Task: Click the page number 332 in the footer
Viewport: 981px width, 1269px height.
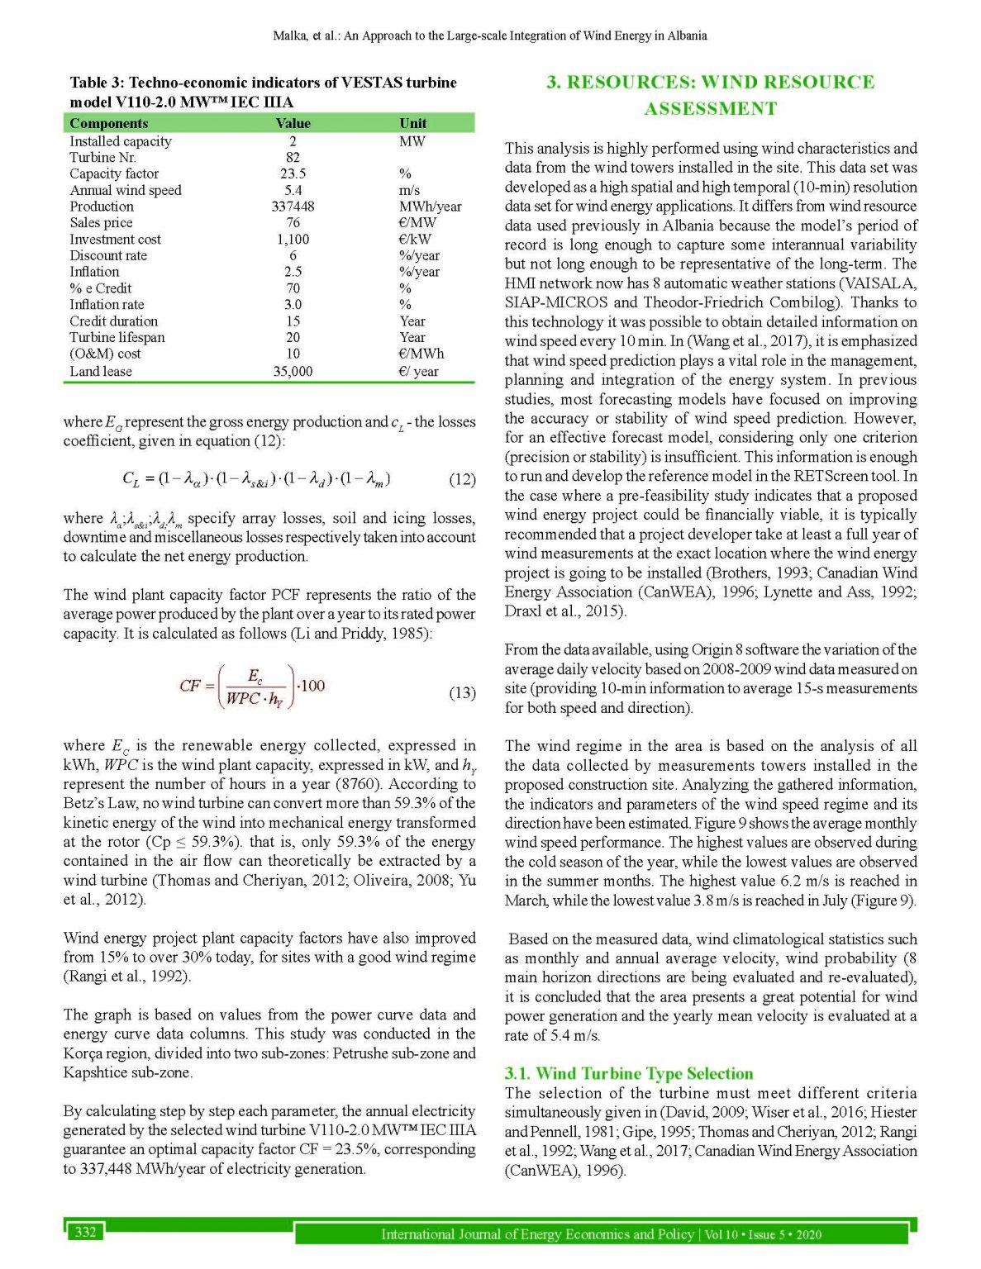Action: click(x=85, y=1232)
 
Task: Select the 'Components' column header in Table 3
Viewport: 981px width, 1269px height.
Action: click(x=108, y=123)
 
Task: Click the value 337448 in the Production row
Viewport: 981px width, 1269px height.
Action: click(x=293, y=207)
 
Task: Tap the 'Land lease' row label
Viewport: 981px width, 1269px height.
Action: click(x=100, y=371)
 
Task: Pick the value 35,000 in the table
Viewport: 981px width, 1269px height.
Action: click(x=293, y=371)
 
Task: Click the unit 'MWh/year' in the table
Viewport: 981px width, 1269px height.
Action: click(x=430, y=207)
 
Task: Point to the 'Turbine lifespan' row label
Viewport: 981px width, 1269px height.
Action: click(x=117, y=337)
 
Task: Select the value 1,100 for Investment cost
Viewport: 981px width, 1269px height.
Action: click(x=293, y=239)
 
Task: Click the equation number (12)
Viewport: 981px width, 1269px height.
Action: click(x=462, y=479)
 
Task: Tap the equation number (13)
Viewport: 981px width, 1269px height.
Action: click(x=462, y=692)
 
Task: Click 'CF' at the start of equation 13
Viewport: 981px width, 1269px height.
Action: click(x=190, y=686)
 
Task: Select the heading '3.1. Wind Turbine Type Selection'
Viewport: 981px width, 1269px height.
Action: click(x=628, y=1073)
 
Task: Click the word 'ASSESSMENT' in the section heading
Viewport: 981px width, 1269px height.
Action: click(x=711, y=109)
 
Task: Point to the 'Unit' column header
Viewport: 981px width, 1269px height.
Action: click(x=413, y=123)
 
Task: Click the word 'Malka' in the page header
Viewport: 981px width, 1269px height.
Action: click(x=288, y=36)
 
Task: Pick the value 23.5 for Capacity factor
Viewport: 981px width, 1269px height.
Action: click(x=293, y=173)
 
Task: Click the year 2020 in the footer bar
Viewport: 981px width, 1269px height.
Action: click(x=808, y=1234)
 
